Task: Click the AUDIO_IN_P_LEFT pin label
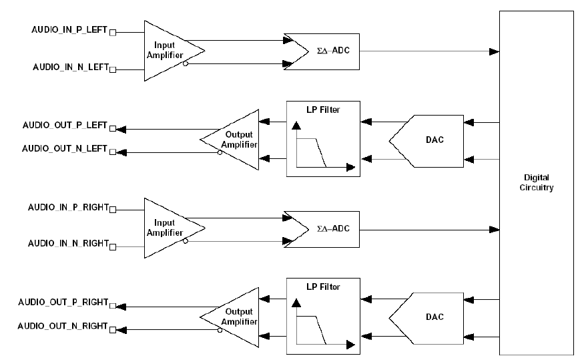click(69, 31)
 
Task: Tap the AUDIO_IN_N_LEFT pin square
click(113, 69)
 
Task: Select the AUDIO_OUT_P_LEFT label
click(65, 125)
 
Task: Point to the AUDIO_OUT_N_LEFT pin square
click(113, 150)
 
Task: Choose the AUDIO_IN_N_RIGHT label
click(67, 243)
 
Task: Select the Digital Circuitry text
click(536, 183)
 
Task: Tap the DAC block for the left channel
click(434, 140)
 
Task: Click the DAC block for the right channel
click(434, 317)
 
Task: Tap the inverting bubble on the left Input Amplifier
click(186, 64)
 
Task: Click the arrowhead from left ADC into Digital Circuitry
click(495, 51)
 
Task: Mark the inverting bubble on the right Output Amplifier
click(220, 329)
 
